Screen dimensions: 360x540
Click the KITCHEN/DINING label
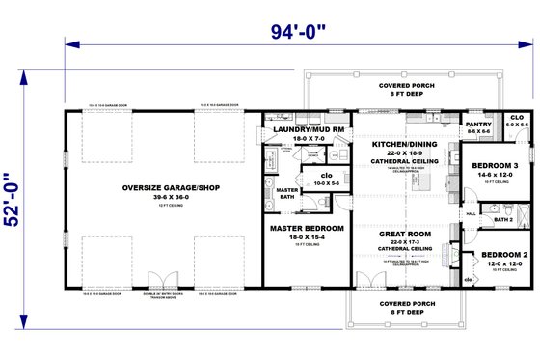[405, 144]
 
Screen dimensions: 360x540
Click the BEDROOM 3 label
[497, 165]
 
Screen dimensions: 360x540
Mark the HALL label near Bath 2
[472, 214]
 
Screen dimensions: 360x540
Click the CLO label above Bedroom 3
[517, 117]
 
